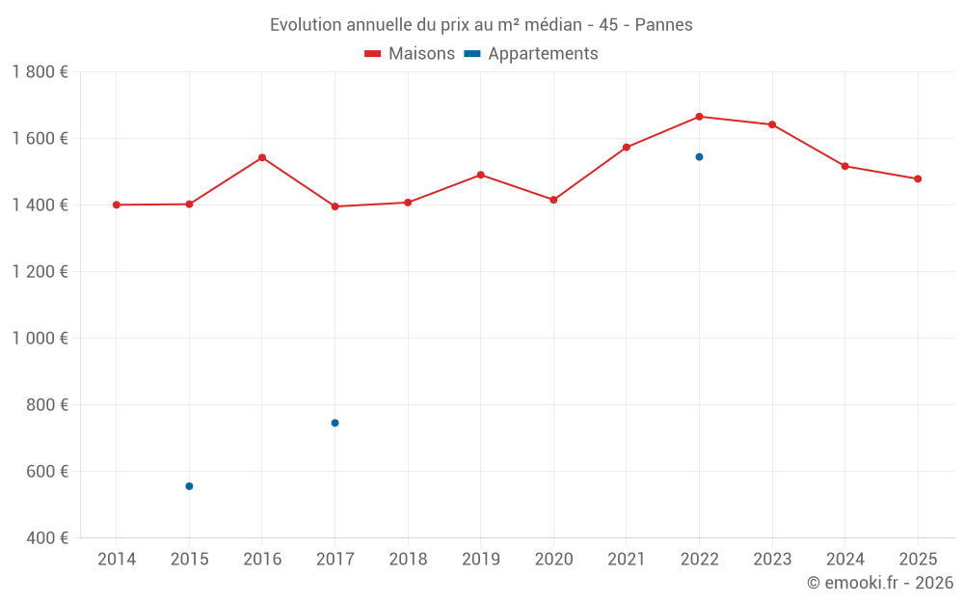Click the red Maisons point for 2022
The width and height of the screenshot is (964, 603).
[699, 117]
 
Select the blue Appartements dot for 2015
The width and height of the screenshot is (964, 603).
[189, 486]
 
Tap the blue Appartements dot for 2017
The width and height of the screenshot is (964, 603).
[335, 423]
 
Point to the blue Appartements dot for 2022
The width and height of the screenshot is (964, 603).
[699, 156]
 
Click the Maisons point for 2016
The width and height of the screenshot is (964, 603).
[262, 157]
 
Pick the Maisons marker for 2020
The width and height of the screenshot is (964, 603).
[553, 200]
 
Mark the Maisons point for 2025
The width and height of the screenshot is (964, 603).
[918, 178]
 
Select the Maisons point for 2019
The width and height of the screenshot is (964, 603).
[480, 175]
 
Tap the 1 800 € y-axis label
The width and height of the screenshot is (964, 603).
[40, 72]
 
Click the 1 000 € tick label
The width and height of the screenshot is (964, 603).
[40, 339]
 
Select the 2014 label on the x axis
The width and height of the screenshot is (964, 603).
[117, 560]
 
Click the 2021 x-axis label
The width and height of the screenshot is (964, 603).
[627, 560]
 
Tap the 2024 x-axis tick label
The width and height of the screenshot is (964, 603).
[844, 560]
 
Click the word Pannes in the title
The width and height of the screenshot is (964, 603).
[663, 25]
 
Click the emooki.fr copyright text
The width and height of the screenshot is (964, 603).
[880, 583]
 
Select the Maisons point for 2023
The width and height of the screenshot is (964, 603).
[772, 124]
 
